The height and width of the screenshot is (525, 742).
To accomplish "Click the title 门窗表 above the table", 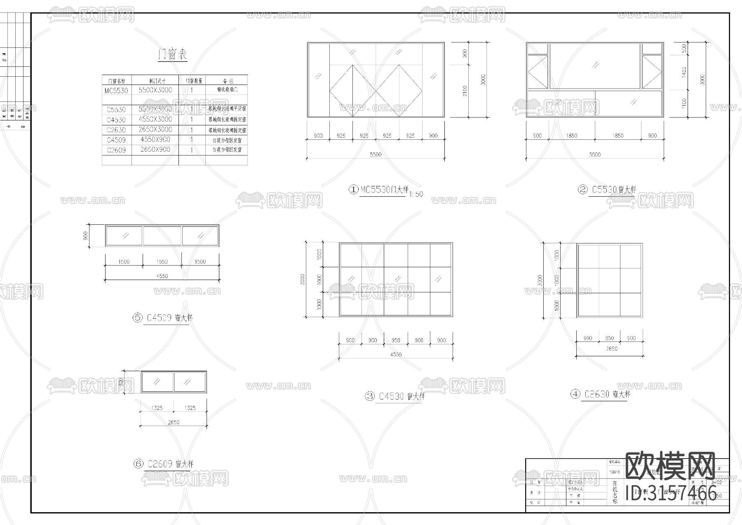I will [x=173, y=54].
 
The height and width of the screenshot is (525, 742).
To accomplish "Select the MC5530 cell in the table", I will [x=116, y=90].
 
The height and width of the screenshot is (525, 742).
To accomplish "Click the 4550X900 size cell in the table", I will [x=155, y=139].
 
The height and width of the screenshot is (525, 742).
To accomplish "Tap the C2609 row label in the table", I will [x=116, y=150].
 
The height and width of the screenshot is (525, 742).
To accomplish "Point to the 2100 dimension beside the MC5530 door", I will [x=465, y=91].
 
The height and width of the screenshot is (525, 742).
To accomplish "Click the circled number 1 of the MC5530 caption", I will [x=354, y=190].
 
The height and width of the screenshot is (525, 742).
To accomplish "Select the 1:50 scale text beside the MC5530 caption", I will [x=416, y=194].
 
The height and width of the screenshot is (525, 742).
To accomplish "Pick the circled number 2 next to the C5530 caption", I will [x=582, y=190].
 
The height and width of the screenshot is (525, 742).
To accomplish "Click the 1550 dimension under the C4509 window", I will [x=162, y=262].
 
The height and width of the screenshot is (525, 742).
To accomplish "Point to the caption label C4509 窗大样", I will [x=169, y=318].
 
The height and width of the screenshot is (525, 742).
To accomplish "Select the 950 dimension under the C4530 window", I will [x=396, y=341].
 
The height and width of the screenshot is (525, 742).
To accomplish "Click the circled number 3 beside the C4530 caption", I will [x=370, y=396].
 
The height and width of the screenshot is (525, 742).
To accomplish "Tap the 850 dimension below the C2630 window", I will [x=609, y=338].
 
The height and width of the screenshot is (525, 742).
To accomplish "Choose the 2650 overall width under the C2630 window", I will [x=611, y=349].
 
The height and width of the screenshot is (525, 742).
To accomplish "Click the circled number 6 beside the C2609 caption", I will [x=138, y=464].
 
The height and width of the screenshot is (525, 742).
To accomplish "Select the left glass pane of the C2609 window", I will [x=157, y=382].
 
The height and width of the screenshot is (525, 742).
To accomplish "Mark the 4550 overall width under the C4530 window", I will [x=395, y=355].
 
